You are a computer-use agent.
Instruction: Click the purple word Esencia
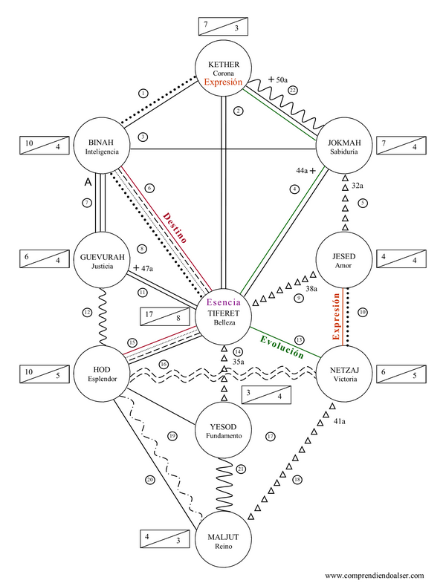point(224,302)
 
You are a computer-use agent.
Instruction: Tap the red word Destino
point(175,228)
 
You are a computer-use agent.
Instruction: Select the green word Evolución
point(282,347)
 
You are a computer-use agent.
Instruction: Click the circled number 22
point(293,90)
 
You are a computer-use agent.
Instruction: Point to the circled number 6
point(149,188)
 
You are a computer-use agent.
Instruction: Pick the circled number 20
point(150,480)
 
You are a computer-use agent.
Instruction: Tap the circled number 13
point(299,340)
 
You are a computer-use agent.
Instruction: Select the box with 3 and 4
point(266,394)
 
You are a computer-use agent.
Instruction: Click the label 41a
point(340,421)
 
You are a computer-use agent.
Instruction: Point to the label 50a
point(282,79)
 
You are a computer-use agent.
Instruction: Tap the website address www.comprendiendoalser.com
point(374,576)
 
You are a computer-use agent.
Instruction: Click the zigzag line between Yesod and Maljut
point(224,485)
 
